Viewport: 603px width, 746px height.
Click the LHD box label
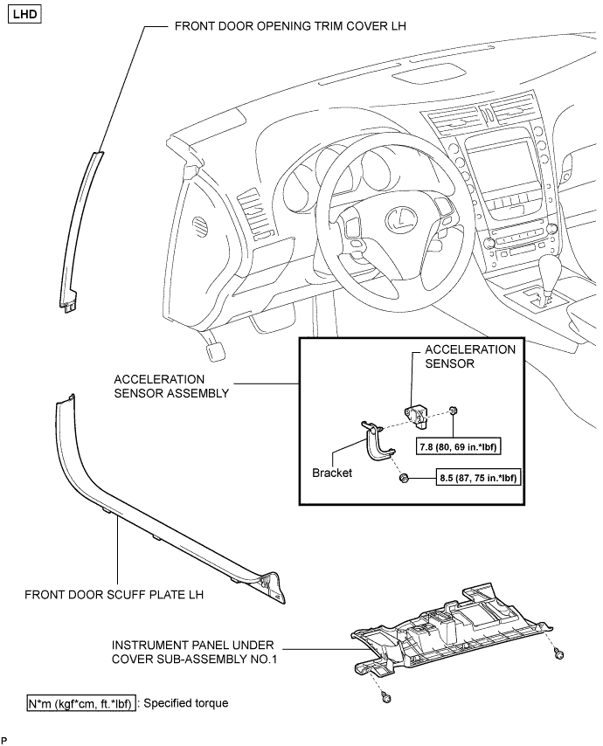pyautogui.click(x=24, y=14)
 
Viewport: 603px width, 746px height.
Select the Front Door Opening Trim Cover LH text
pyautogui.click(x=290, y=26)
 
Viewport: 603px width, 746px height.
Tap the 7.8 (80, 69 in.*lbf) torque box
pyautogui.click(x=458, y=447)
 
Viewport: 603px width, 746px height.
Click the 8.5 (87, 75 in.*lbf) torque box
pyautogui.click(x=478, y=478)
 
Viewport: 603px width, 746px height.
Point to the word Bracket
pyautogui.click(x=332, y=473)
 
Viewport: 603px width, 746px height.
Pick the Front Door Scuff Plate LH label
pyautogui.click(x=114, y=595)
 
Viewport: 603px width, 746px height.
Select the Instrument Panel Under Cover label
pyautogui.click(x=194, y=653)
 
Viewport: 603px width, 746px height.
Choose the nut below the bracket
pyautogui.click(x=404, y=478)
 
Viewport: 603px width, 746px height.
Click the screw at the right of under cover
pyautogui.click(x=559, y=655)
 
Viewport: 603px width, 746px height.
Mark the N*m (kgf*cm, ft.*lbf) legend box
pyautogui.click(x=81, y=703)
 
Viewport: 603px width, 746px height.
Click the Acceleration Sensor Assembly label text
pyautogui.click(x=171, y=386)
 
